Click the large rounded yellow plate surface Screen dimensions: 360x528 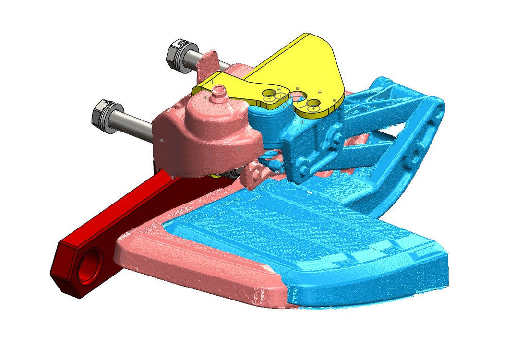point(307,62)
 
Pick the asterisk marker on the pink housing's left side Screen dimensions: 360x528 point(161,141)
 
